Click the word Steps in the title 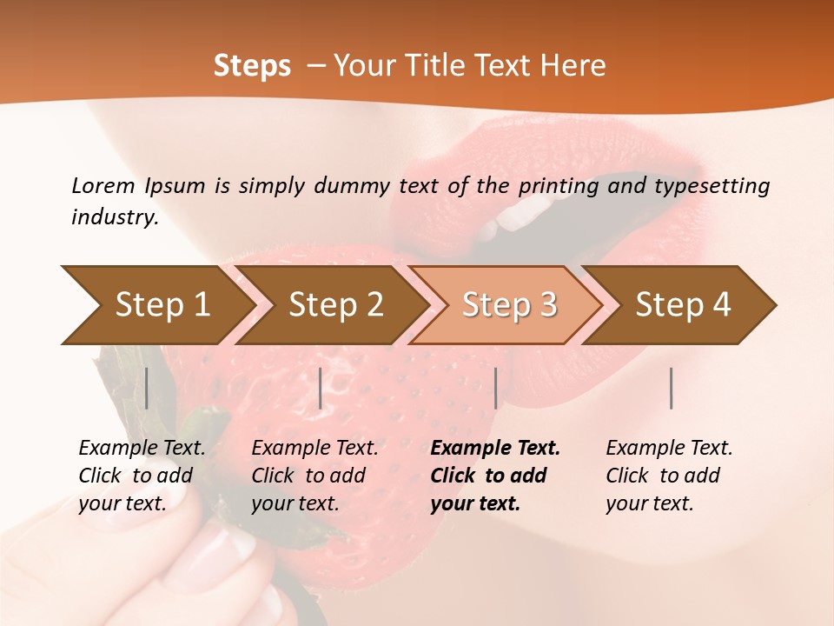coord(252,66)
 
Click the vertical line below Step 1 coord(147,388)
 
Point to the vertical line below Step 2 coord(321,388)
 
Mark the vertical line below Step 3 coord(495,388)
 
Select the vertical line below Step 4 coord(672,388)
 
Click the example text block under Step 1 coord(142,476)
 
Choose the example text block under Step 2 coord(314,476)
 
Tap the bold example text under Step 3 coord(494,476)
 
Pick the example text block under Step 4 coord(669,476)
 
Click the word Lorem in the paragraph coord(103,185)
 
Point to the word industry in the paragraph coord(115,216)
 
